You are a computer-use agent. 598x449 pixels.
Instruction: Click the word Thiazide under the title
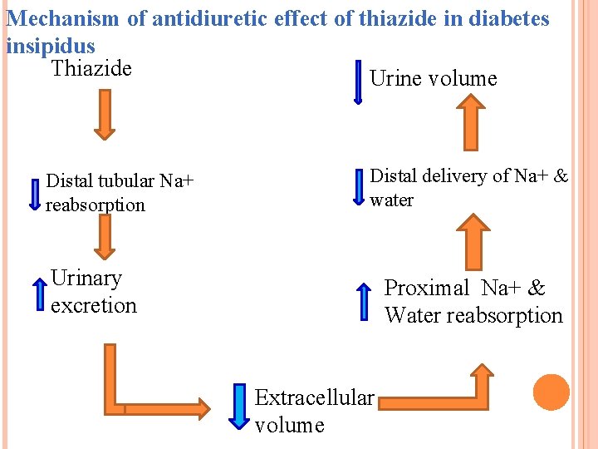91,68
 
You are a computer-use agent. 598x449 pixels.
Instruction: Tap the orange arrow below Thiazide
103,114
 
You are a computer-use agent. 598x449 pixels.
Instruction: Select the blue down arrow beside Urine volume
358,81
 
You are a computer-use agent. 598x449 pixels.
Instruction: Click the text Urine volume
433,79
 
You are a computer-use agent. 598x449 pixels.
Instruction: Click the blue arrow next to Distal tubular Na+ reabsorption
35,194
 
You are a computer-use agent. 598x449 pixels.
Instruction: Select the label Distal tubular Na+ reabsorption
120,193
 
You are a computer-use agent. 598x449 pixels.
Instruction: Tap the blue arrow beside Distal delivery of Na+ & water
359,187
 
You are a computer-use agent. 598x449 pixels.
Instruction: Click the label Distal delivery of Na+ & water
468,187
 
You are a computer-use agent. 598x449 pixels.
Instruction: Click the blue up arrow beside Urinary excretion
38,293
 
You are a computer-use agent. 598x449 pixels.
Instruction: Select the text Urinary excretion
93,292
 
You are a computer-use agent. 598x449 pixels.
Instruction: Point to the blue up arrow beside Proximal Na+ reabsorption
363,301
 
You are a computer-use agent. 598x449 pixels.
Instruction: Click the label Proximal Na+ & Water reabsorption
473,302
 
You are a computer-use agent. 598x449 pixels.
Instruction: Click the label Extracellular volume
314,412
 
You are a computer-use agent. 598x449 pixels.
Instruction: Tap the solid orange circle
551,392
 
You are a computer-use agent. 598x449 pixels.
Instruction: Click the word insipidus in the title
50,46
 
